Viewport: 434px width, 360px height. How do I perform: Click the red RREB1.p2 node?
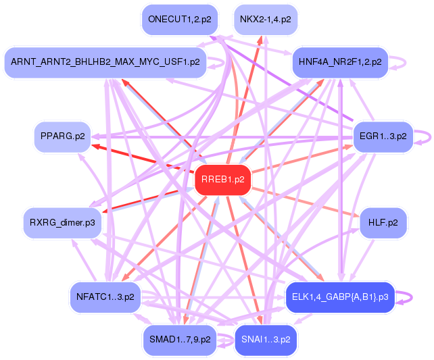[223, 180]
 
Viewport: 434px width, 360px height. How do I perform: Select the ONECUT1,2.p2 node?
[179, 20]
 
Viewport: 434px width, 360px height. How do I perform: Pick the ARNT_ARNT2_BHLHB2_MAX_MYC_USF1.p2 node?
[105, 62]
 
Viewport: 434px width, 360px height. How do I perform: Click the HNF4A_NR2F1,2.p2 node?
[339, 62]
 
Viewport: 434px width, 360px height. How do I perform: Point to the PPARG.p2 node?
[62, 136]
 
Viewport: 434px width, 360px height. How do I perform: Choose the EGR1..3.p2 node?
[383, 136]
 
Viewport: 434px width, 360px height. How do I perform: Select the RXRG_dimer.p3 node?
[62, 222]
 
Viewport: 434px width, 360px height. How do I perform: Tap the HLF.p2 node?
[383, 222]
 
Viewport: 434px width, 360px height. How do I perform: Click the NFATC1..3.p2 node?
[105, 296]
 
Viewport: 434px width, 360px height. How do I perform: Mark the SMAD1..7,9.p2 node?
[178, 339]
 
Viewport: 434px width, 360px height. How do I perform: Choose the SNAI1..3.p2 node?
[266, 339]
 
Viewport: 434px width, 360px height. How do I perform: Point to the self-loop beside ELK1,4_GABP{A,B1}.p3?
[406, 296]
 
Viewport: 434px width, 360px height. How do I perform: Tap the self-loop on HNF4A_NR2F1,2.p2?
[400, 62]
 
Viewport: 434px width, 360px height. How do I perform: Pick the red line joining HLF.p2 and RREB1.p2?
[304, 199]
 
